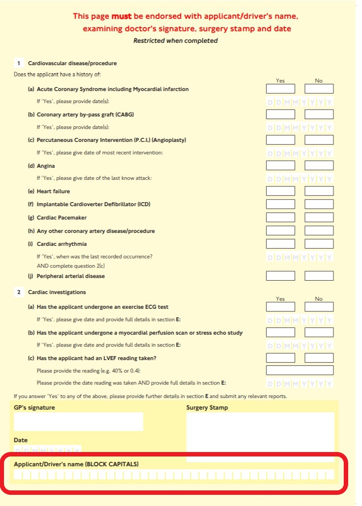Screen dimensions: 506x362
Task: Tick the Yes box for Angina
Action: point(280,166)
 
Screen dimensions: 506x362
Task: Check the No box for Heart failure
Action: point(319,191)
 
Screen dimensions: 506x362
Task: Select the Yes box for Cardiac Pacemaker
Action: point(280,218)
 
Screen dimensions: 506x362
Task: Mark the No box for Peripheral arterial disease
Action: point(319,276)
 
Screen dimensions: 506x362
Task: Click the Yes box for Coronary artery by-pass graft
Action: point(280,114)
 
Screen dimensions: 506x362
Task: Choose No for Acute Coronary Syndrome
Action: point(319,89)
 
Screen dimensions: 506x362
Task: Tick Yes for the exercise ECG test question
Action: point(280,307)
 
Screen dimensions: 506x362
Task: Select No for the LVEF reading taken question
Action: point(319,358)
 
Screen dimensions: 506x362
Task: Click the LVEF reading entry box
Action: point(300,370)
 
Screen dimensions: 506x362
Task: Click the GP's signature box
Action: point(78,421)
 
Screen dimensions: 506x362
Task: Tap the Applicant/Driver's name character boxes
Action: point(174,474)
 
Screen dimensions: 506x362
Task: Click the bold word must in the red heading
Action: point(122,17)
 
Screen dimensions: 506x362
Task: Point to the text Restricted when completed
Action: point(175,41)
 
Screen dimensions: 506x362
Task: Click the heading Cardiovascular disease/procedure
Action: point(72,63)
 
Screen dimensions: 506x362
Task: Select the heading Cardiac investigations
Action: point(57,292)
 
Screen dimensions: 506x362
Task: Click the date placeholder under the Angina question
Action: point(300,179)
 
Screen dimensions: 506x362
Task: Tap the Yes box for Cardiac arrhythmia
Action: point(280,244)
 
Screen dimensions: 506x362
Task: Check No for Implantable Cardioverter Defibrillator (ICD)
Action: point(319,204)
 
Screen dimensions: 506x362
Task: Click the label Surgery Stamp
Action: point(207,407)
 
